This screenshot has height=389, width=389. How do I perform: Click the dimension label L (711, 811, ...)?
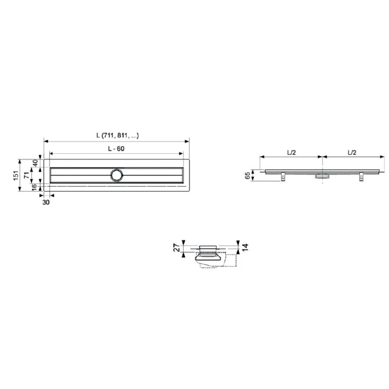tap(117, 135)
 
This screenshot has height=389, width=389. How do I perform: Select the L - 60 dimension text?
tap(116, 148)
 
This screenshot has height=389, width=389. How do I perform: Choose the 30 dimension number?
tap(46, 202)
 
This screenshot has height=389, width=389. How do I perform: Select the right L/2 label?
tap(352, 152)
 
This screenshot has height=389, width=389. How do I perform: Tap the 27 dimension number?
tap(176, 248)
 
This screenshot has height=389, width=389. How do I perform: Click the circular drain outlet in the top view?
tap(116, 175)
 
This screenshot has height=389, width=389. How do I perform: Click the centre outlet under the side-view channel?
tap(323, 176)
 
